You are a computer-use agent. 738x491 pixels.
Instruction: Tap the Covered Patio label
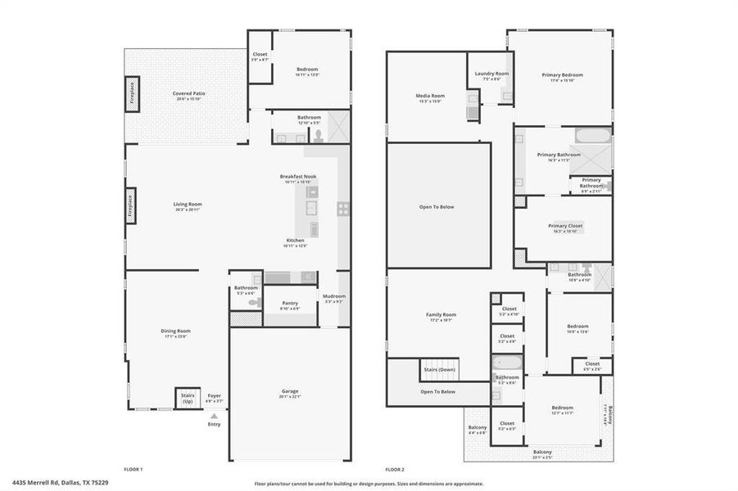(x=188, y=93)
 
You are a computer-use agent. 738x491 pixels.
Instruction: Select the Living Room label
(x=188, y=205)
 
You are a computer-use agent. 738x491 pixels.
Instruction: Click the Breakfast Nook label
(x=298, y=176)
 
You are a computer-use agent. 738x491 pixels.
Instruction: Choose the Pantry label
(x=290, y=303)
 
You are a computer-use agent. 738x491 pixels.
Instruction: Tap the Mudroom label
(x=334, y=296)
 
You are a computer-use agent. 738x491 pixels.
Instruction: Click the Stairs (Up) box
(x=187, y=398)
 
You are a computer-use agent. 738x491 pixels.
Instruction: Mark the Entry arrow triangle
(x=214, y=416)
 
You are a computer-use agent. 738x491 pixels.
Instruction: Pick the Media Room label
(x=430, y=96)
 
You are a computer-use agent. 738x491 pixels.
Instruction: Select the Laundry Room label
(x=491, y=74)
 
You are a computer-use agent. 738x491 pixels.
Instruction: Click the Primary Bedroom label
(x=562, y=75)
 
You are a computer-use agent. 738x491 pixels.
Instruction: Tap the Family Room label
(x=441, y=314)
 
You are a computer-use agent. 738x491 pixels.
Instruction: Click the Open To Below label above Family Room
(x=437, y=207)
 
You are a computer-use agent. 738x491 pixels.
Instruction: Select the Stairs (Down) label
(x=440, y=370)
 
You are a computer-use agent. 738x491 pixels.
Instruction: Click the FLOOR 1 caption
(x=133, y=469)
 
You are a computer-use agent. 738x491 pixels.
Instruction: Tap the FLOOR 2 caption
(x=395, y=469)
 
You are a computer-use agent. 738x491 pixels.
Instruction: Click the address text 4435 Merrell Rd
(x=40, y=483)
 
